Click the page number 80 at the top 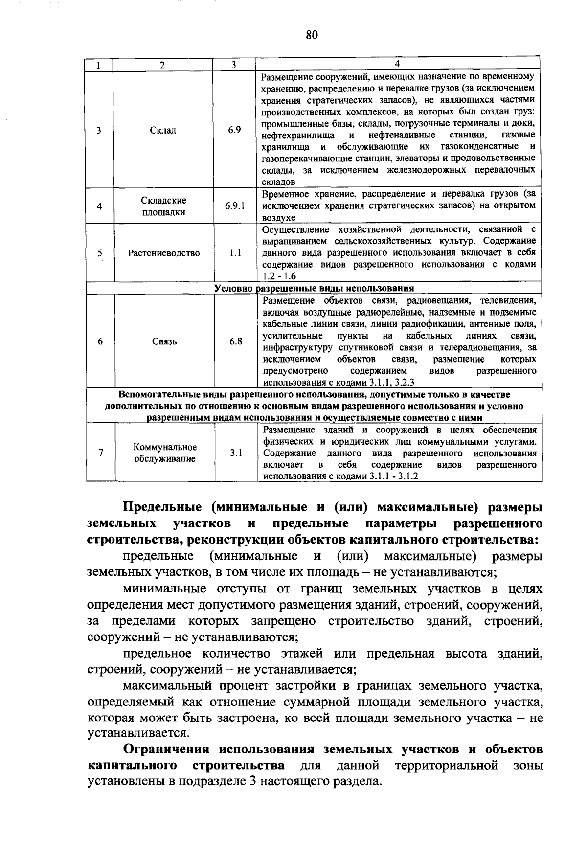click(312, 35)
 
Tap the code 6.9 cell click(234, 130)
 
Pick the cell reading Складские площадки click(163, 206)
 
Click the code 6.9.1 click(235, 206)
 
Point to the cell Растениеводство click(164, 253)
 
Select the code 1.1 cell click(235, 253)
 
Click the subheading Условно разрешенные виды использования click(314, 288)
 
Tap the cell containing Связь click(164, 341)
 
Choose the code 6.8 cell click(236, 341)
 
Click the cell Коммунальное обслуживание click(165, 453)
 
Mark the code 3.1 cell click(236, 453)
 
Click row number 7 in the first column click(100, 453)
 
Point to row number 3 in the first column click(99, 131)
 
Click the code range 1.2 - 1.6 click(280, 276)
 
